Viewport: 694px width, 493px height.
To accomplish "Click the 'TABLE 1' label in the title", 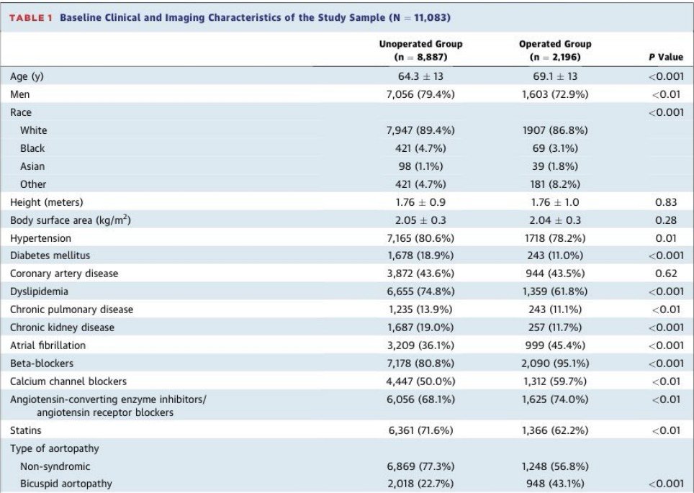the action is point(31,18).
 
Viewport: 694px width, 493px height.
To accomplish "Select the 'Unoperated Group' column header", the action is point(420,44).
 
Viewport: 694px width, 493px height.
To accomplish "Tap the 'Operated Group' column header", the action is point(555,44).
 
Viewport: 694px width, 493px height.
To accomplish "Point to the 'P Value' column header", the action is point(666,57).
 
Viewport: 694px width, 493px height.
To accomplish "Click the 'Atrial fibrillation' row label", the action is point(48,345).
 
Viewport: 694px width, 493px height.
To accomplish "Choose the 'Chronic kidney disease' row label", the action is point(62,327).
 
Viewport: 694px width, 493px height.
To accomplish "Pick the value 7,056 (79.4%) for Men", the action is point(420,94).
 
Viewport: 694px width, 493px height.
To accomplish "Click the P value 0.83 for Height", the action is point(666,202).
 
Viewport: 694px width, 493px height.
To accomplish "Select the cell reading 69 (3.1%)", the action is point(555,148).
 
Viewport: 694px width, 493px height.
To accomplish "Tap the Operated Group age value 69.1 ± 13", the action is point(555,76).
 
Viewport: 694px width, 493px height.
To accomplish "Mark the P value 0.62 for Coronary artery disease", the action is point(666,273).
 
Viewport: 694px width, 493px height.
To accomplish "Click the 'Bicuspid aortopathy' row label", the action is point(66,484).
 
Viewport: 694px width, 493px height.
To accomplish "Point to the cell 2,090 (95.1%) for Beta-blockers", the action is point(555,363).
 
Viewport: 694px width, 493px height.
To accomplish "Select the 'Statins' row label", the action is point(26,430).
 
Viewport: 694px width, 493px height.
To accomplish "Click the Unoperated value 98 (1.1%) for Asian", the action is point(420,166).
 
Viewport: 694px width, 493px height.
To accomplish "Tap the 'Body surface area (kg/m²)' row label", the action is point(71,220).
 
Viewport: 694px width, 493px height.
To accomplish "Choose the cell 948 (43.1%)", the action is point(555,484).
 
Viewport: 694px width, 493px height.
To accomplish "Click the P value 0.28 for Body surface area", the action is point(666,220).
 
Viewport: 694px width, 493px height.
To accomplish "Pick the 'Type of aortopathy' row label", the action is point(55,448).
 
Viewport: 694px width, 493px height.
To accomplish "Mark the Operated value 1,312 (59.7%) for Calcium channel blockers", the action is point(555,381).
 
